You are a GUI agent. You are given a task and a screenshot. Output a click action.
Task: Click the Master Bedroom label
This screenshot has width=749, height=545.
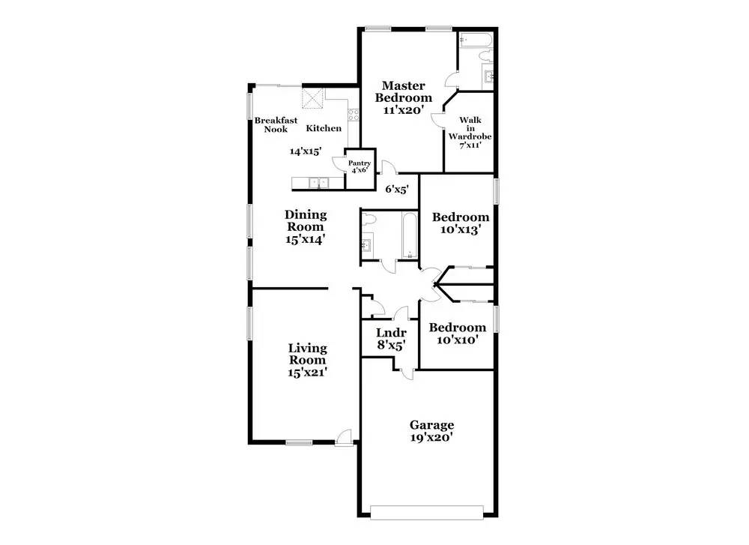(x=404, y=91)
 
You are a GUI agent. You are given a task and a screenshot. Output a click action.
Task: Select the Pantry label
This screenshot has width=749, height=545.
(x=359, y=163)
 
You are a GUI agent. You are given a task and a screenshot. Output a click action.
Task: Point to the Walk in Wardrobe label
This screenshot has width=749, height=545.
(x=470, y=132)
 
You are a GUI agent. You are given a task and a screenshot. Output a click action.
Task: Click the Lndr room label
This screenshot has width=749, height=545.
(x=390, y=333)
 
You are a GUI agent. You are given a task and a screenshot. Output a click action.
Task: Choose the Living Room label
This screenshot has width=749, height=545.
(x=308, y=354)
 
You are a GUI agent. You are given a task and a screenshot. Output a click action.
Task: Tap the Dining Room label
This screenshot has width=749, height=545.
(x=306, y=220)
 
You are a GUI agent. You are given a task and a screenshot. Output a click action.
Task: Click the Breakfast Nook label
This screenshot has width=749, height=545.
(x=276, y=124)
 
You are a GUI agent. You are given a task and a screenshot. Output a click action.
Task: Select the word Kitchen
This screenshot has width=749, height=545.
(x=324, y=128)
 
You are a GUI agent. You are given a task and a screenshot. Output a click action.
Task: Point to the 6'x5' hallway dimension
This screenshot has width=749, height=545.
(x=397, y=190)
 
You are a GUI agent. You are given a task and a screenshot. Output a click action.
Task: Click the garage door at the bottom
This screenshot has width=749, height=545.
(x=428, y=512)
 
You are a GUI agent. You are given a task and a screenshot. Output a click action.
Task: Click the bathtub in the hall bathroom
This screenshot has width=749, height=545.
(x=408, y=235)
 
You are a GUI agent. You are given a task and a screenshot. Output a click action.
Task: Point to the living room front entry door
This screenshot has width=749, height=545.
(x=344, y=437)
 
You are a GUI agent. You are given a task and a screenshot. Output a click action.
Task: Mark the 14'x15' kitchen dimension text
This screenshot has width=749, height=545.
(x=306, y=151)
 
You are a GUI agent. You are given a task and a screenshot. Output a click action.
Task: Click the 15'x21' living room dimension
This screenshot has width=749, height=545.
(x=308, y=372)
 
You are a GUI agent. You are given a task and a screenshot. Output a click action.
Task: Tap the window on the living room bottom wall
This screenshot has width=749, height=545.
(x=299, y=442)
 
